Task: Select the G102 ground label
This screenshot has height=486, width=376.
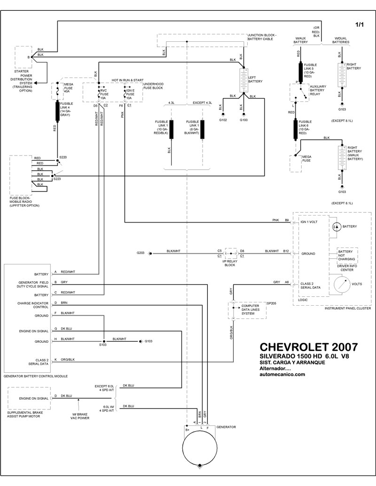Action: pyautogui.click(x=223, y=121)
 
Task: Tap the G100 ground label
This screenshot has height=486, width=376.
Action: pyautogui.click(x=243, y=121)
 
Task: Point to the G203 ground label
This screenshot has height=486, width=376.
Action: pyautogui.click(x=141, y=253)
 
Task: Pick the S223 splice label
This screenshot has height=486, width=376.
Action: pyautogui.click(x=57, y=179)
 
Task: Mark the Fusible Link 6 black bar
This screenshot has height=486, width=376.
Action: pyautogui.click(x=297, y=129)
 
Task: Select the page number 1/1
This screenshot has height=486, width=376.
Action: pyautogui.click(x=360, y=24)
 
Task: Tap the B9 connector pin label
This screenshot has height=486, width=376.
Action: pyautogui.click(x=287, y=220)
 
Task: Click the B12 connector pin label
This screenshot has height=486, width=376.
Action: pyautogui.click(x=286, y=251)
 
